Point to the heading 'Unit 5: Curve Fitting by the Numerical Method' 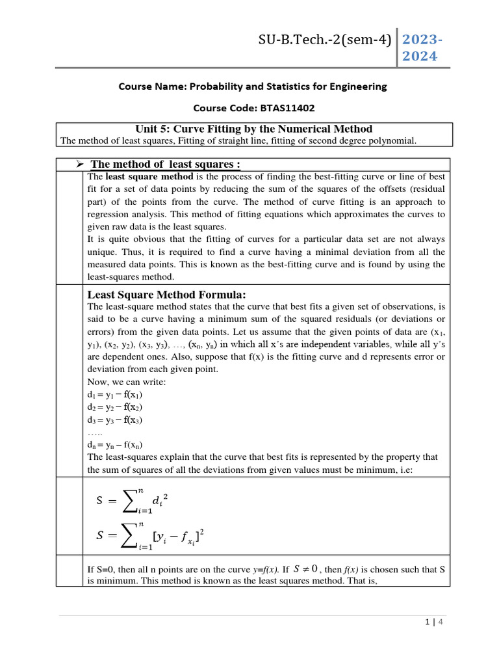click(x=253, y=129)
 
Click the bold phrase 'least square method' click(x=149, y=177)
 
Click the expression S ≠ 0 click(x=305, y=568)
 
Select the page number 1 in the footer click(x=426, y=622)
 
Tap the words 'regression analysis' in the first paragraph click(x=121, y=214)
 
